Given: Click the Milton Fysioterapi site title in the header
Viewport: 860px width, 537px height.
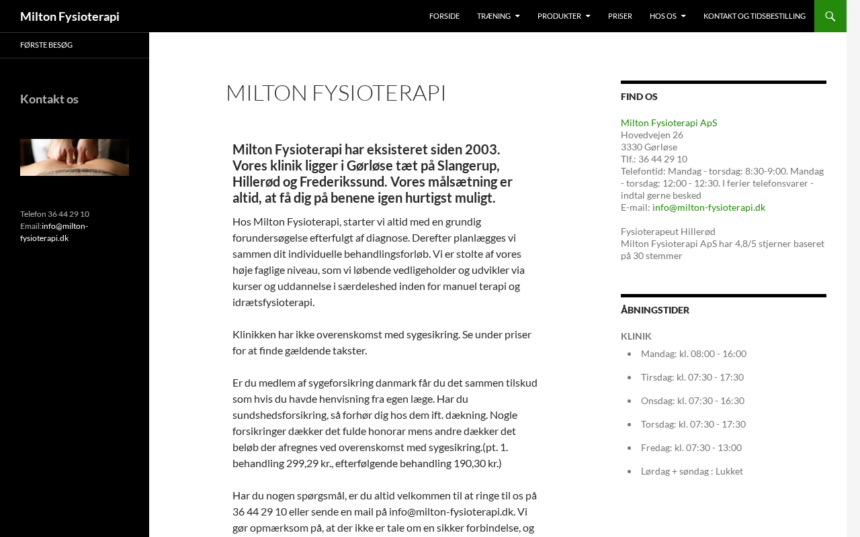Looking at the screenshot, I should coord(70,16).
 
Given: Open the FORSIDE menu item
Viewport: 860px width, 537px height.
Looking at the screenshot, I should coord(444,16).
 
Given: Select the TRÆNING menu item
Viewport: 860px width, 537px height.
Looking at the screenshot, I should coord(494,16).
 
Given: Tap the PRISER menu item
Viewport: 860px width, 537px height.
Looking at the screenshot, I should coord(620,16).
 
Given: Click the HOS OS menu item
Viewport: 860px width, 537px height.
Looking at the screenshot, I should coord(663,16).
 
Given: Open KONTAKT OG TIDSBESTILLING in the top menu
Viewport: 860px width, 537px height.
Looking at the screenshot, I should coord(754,16).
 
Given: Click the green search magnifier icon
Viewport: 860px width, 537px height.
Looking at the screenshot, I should coord(830,16).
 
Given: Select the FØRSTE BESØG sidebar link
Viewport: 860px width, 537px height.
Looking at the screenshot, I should coord(46,45).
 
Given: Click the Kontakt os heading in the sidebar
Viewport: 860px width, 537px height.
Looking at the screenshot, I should coord(49,99).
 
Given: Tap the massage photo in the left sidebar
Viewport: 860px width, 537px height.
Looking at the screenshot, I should coord(75,157).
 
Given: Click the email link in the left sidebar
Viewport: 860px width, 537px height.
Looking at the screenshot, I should coord(54,232).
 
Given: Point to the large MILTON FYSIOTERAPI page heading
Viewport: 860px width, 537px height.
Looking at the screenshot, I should coord(336,93).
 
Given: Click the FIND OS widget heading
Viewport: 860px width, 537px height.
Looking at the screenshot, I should coord(639,97).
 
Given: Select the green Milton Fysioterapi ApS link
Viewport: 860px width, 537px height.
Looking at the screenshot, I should coord(669,123).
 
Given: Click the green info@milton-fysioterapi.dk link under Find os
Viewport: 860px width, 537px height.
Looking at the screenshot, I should coord(708,207).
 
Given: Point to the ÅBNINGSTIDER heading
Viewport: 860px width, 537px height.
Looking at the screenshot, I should coord(655,310).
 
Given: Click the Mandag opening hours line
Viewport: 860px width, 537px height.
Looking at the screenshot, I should coord(693,354).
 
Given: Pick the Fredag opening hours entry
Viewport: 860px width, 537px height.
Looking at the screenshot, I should coord(691,448).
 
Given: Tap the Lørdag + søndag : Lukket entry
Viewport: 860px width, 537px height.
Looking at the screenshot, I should coord(691,471).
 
